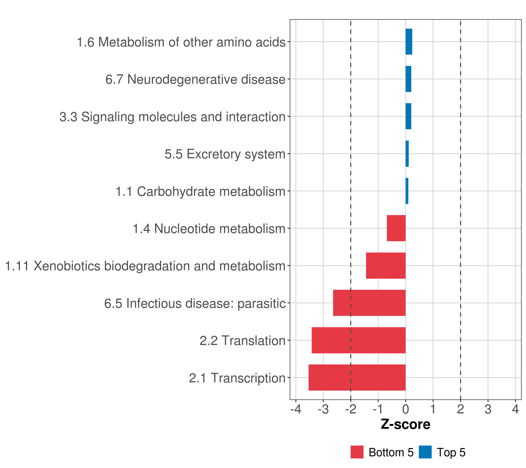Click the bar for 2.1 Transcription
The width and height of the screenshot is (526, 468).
tap(357, 377)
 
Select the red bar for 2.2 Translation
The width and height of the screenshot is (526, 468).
tap(358, 340)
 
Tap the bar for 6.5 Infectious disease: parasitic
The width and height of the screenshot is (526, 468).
tap(369, 303)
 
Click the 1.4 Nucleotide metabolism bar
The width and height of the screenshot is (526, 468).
tap(396, 228)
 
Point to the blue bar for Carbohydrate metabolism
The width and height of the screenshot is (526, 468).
tap(407, 191)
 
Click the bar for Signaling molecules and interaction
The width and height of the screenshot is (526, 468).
tap(408, 116)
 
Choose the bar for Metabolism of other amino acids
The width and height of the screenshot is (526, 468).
tap(409, 42)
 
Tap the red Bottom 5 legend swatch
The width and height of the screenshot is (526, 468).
tap(357, 452)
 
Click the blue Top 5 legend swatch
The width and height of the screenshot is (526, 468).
tap(425, 452)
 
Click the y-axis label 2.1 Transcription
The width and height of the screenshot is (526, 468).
tap(237, 378)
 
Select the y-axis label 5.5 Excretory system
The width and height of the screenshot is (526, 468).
tap(225, 154)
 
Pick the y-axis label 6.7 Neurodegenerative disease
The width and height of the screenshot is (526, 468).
tap(195, 79)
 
